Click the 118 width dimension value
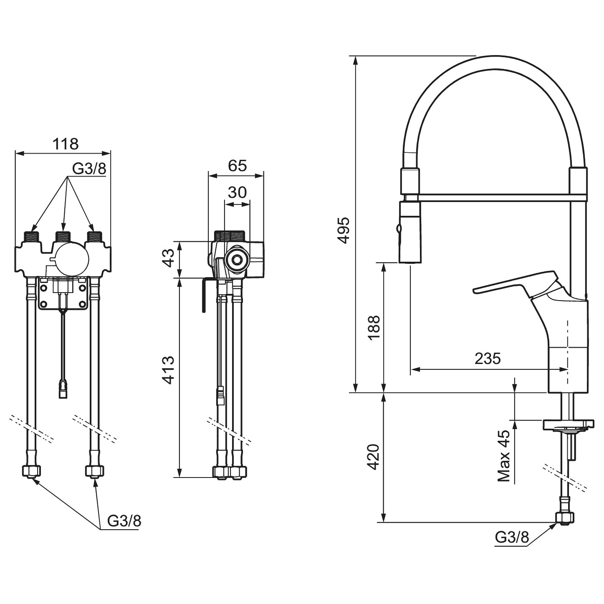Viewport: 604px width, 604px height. tap(66, 144)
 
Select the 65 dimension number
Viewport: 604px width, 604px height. tap(237, 165)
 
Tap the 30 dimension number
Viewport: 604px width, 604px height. tap(237, 192)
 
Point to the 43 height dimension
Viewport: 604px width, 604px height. tap(169, 258)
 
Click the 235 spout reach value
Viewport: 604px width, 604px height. tap(488, 359)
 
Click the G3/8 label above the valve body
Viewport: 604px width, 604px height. tap(89, 169)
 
